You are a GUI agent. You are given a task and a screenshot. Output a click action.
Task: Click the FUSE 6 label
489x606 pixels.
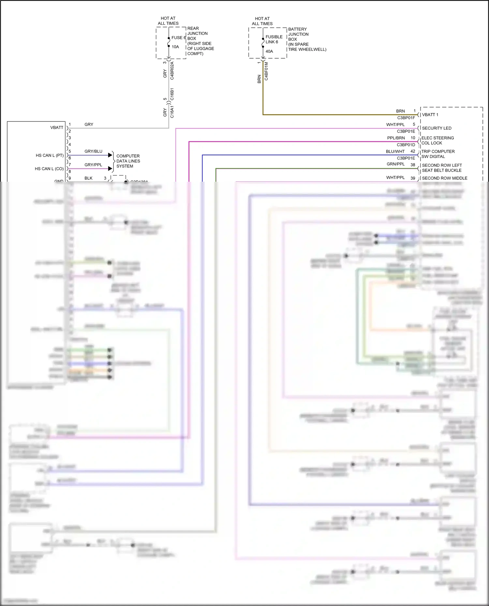pyautogui.click(x=178, y=38)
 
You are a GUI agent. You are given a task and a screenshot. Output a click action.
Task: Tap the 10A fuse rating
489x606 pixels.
pyautogui.click(x=175, y=47)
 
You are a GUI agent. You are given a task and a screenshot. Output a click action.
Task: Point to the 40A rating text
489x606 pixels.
pyautogui.click(x=269, y=51)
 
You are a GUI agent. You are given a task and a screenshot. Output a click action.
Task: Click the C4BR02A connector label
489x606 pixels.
pyautogui.click(x=172, y=71)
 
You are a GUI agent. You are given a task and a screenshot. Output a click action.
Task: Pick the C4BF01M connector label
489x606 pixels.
pyautogui.click(x=266, y=71)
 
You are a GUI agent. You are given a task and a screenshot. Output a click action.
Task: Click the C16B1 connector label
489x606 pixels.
pyautogui.click(x=172, y=94)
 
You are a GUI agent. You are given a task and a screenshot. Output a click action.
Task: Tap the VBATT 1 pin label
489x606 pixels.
pyautogui.click(x=430, y=115)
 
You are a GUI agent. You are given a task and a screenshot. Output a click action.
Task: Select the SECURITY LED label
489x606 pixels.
pyautogui.click(x=437, y=128)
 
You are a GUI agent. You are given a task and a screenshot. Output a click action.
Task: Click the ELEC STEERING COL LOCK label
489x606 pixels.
pyautogui.click(x=437, y=141)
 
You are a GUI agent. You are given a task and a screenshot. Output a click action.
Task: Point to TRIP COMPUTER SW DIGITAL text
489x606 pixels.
pyautogui.click(x=438, y=154)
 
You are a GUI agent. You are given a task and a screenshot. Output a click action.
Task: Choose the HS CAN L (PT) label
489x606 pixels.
pyautogui.click(x=50, y=156)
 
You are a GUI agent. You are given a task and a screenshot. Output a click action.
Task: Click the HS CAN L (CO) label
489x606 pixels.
pyautogui.click(x=49, y=169)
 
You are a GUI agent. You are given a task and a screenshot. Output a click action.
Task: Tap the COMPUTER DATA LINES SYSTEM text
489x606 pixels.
pyautogui.click(x=128, y=161)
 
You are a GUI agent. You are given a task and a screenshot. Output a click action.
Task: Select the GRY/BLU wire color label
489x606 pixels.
pyautogui.click(x=93, y=151)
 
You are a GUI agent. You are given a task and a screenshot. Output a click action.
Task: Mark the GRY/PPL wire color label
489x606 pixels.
pyautogui.click(x=93, y=165)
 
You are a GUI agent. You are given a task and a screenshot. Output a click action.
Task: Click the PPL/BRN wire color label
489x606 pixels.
pyautogui.click(x=396, y=138)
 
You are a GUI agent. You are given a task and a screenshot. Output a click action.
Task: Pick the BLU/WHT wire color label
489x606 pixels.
pyautogui.click(x=395, y=152)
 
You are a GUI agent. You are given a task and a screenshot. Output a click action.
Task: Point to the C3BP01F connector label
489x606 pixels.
pyautogui.click(x=406, y=118)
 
